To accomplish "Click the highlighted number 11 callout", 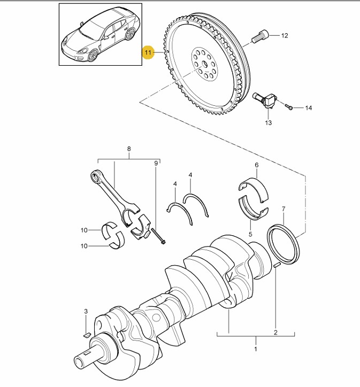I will (x=148, y=52).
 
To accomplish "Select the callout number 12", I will (x=285, y=36).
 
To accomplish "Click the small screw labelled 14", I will (x=289, y=107).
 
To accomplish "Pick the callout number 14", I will (x=308, y=109).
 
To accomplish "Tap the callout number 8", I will (x=128, y=149).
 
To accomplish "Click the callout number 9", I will (x=156, y=162).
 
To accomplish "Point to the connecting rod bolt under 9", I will (x=158, y=236).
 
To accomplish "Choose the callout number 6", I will (x=256, y=165).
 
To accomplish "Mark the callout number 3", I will (x=85, y=312).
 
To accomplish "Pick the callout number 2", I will (x=275, y=332).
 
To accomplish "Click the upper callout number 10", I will (x=84, y=230).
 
